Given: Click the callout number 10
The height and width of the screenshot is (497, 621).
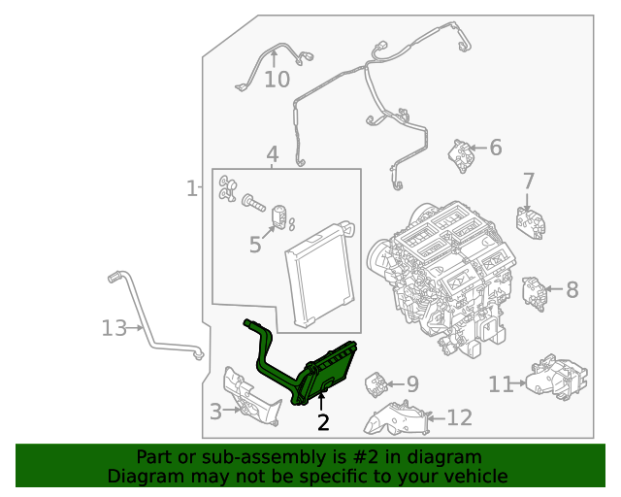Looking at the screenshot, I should point(277,79).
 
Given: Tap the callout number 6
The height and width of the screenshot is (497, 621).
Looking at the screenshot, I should point(495,148).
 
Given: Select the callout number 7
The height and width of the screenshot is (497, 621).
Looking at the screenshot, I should point(529,181).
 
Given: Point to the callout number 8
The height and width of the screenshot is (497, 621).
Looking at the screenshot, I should point(572,288).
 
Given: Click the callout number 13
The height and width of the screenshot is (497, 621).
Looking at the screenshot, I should point(114,328).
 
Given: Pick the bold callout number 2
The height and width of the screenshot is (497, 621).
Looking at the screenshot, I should point(323,422).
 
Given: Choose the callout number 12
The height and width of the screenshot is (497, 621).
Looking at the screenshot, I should point(459,417).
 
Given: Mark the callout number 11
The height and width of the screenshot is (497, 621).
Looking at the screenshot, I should point(500,384).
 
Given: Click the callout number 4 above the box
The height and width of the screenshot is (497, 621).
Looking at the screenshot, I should point(273,154).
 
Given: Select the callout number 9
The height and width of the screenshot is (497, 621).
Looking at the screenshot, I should point(411,384).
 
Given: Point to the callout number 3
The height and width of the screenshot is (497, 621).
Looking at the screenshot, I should point(215,411).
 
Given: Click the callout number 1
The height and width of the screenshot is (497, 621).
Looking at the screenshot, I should point(191,187).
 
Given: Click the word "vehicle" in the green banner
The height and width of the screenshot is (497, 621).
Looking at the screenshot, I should point(471,476).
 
